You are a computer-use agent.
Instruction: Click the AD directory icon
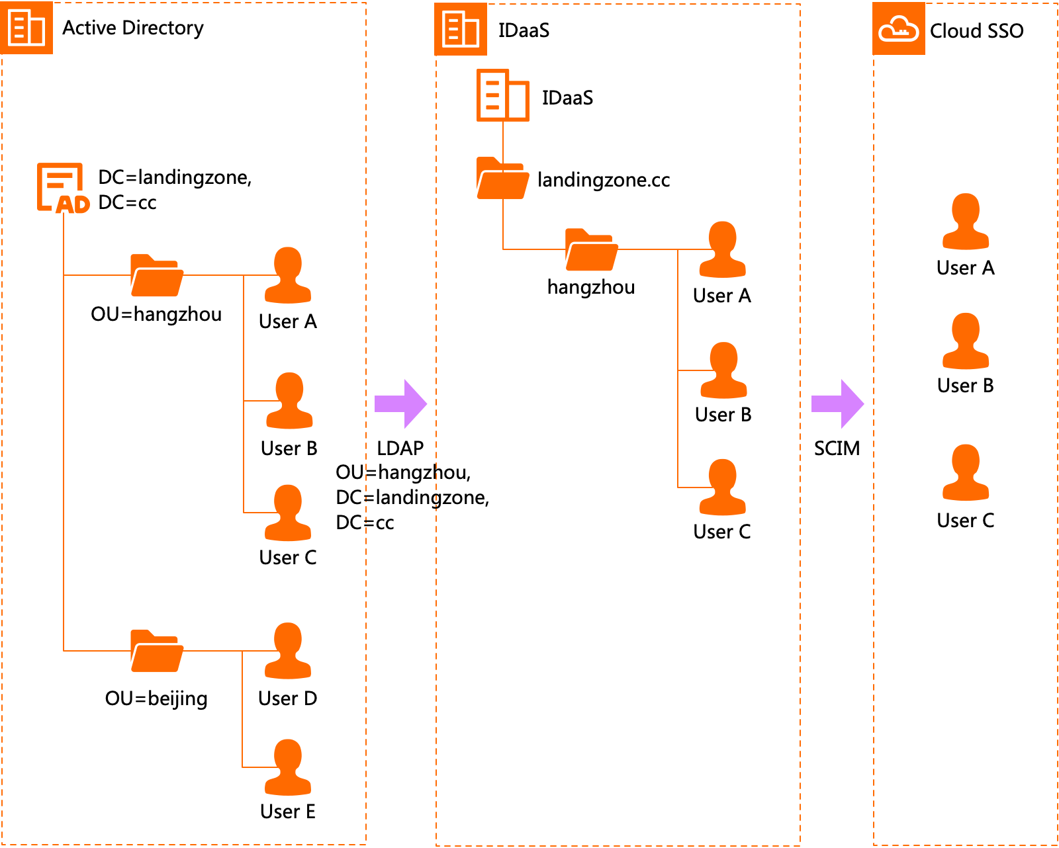pos(62,189)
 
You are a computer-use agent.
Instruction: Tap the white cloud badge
pos(898,28)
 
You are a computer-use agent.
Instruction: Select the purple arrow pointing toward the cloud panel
pos(837,403)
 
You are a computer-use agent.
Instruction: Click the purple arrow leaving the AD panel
pos(400,403)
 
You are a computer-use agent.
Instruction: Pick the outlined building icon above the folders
pos(502,95)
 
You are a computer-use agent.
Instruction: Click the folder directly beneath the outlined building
pos(502,179)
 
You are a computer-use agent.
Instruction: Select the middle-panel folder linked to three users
pos(591,250)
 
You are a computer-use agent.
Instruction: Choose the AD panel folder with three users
pos(157,276)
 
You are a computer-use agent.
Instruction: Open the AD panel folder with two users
pos(157,651)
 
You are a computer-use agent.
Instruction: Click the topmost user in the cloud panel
pos(966,222)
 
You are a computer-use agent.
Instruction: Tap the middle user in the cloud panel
pos(966,341)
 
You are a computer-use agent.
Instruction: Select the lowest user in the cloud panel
pos(966,472)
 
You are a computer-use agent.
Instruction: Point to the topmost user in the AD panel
pos(288,275)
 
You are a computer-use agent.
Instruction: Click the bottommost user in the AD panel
pos(288,767)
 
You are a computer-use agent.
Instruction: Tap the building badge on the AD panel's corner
pos(26,28)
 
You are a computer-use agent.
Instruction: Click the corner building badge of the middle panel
pos(460,29)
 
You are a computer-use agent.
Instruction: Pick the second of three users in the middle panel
pos(723,370)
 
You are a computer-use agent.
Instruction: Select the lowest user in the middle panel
pos(722,487)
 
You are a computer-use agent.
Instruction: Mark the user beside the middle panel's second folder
pos(722,249)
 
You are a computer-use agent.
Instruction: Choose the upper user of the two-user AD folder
pos(288,651)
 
